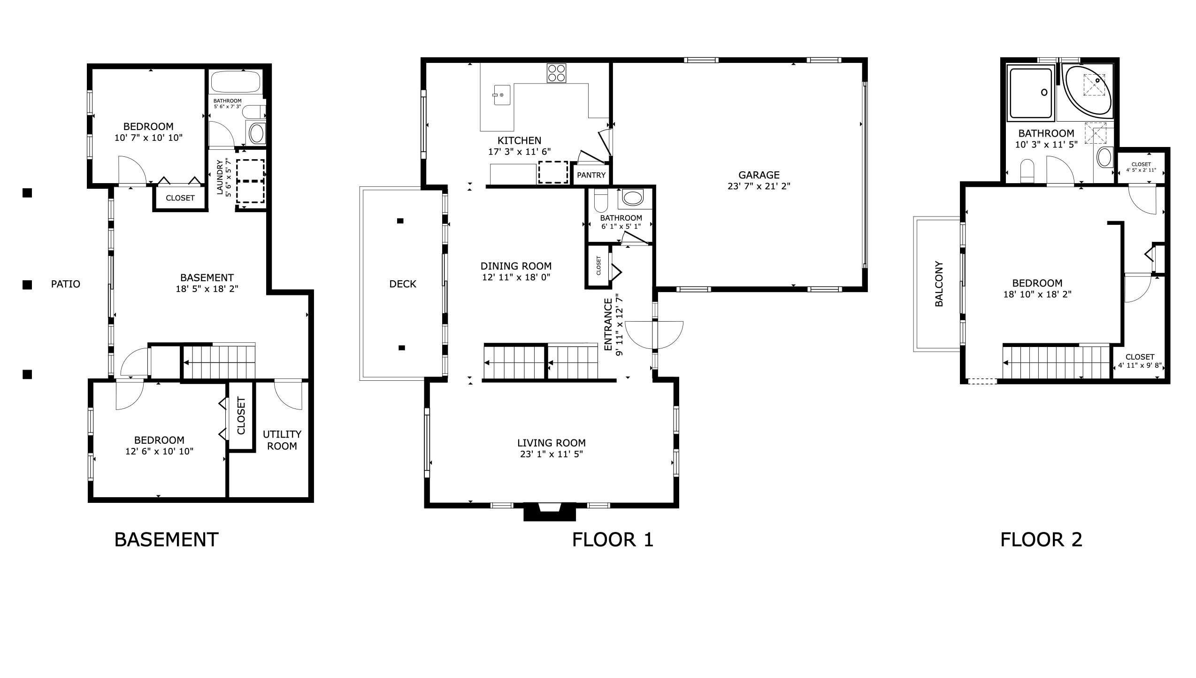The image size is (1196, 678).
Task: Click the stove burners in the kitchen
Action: [x=556, y=73]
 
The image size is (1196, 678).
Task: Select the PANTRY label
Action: [x=591, y=175]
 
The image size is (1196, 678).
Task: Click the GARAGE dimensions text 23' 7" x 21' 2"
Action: [x=759, y=186]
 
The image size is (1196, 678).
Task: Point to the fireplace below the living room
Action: [x=549, y=511]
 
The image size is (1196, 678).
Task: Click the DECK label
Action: [x=402, y=284]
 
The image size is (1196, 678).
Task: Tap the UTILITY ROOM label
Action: [x=282, y=440]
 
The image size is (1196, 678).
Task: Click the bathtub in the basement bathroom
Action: [x=235, y=82]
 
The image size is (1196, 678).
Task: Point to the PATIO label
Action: [x=65, y=284]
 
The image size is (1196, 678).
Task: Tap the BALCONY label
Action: [x=939, y=284]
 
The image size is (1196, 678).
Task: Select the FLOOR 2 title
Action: [x=1041, y=539]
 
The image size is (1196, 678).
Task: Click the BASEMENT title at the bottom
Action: [x=166, y=539]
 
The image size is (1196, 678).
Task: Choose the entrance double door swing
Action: [x=654, y=334]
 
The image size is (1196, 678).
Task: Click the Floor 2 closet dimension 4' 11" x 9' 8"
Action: [x=1139, y=365]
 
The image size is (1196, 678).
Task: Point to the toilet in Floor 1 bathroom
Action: [x=600, y=200]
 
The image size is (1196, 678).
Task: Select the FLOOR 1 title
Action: [x=612, y=539]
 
